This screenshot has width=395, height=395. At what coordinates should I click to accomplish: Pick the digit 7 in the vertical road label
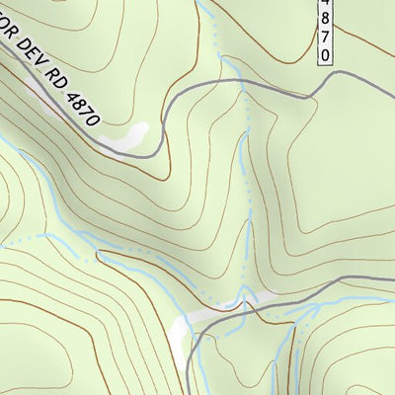click(x=326, y=39)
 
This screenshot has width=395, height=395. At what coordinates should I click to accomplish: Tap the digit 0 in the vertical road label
click(x=326, y=54)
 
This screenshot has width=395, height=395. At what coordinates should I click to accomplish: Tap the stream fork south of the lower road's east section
click(x=296, y=327)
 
